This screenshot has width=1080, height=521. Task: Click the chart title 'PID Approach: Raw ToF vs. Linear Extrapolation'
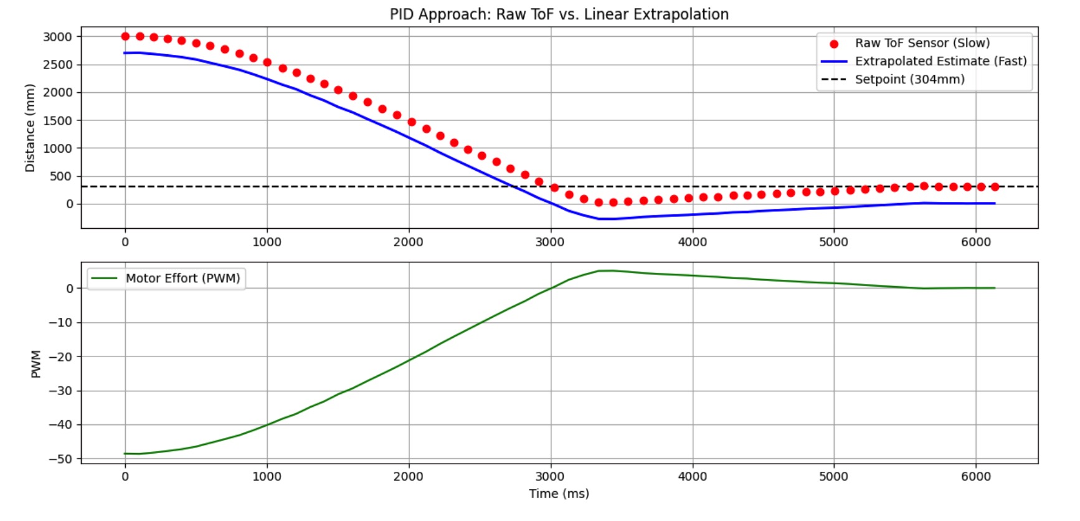[559, 14]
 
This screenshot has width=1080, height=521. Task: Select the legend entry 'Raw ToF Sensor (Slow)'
[921, 43]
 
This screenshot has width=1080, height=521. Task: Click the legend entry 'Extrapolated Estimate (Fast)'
[940, 61]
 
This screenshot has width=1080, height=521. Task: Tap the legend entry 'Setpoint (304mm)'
[909, 79]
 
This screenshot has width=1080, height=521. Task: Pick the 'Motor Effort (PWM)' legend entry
[182, 279]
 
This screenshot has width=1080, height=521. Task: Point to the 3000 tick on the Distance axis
[58, 37]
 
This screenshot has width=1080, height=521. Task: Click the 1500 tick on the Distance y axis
[58, 120]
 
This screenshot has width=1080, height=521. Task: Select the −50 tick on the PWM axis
[60, 459]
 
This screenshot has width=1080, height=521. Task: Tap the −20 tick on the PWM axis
[60, 356]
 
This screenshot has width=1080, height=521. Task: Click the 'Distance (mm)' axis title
[30, 128]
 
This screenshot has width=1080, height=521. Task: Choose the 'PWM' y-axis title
[36, 363]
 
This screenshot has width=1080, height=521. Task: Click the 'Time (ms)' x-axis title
[559, 494]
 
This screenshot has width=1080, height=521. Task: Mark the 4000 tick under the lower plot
[692, 477]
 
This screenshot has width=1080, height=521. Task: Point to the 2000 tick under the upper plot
[409, 242]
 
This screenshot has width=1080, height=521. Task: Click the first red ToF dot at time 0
[125, 36]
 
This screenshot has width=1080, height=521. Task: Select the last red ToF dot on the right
[995, 186]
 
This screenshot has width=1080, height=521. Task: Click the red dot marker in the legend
[834, 44]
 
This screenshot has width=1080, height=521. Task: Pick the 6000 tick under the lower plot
[975, 477]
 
